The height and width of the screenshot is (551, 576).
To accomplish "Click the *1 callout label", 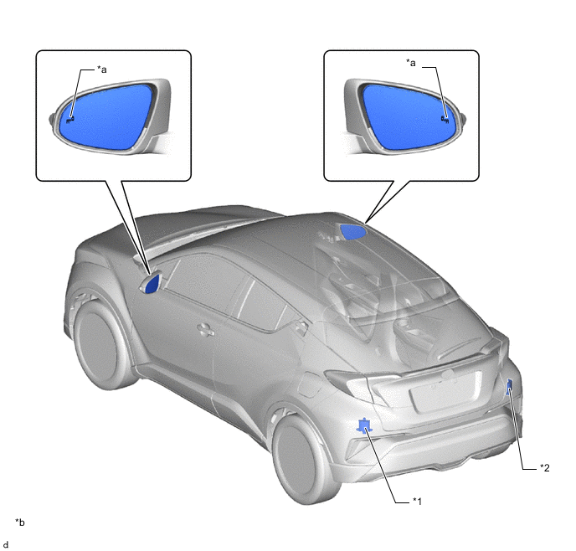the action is coord(417,501).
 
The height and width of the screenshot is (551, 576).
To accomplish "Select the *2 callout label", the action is coord(544,467).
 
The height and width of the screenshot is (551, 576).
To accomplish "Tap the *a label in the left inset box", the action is coord(102,69).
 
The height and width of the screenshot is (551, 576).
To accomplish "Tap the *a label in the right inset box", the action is coord(411,63).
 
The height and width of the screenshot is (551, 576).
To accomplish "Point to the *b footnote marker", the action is coord(20,522).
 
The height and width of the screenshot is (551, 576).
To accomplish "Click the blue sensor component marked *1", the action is coord(364,425).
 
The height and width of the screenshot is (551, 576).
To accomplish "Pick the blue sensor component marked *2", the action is coord(510,386).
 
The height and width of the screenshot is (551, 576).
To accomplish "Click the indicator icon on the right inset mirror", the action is coord(445,119).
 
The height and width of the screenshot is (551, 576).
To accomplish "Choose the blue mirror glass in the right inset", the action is coord(406,116).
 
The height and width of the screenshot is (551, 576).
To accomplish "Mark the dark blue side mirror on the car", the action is coord(153,284).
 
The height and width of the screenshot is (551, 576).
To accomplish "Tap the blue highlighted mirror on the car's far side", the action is coord(352,232).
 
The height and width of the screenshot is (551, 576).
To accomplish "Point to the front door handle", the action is coord(205,329).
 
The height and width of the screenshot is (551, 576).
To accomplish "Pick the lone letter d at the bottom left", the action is coord(6,544).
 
